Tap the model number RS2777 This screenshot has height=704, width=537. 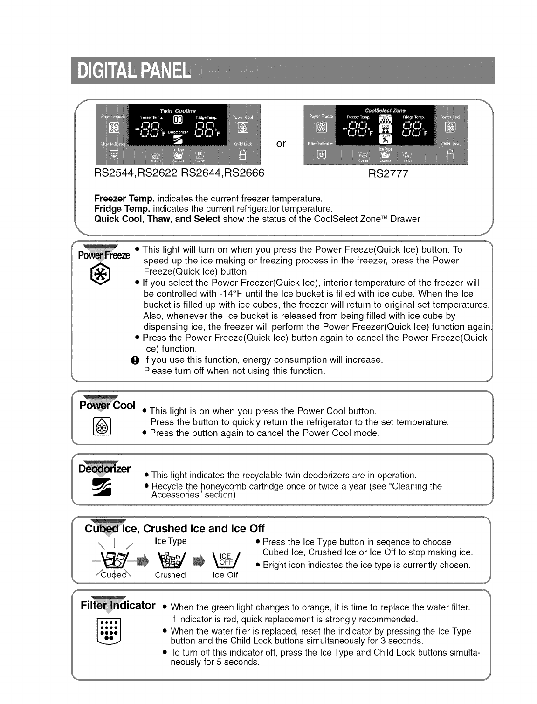(x=388, y=174)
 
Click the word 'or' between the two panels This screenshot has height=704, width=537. (x=281, y=143)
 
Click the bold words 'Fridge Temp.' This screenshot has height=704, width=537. (x=122, y=208)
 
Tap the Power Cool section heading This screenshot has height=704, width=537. (x=108, y=405)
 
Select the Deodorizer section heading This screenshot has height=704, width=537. (x=105, y=468)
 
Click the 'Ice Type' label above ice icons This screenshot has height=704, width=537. (x=170, y=541)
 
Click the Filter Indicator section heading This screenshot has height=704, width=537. (x=118, y=606)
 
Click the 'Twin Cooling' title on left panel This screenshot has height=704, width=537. (x=178, y=111)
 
